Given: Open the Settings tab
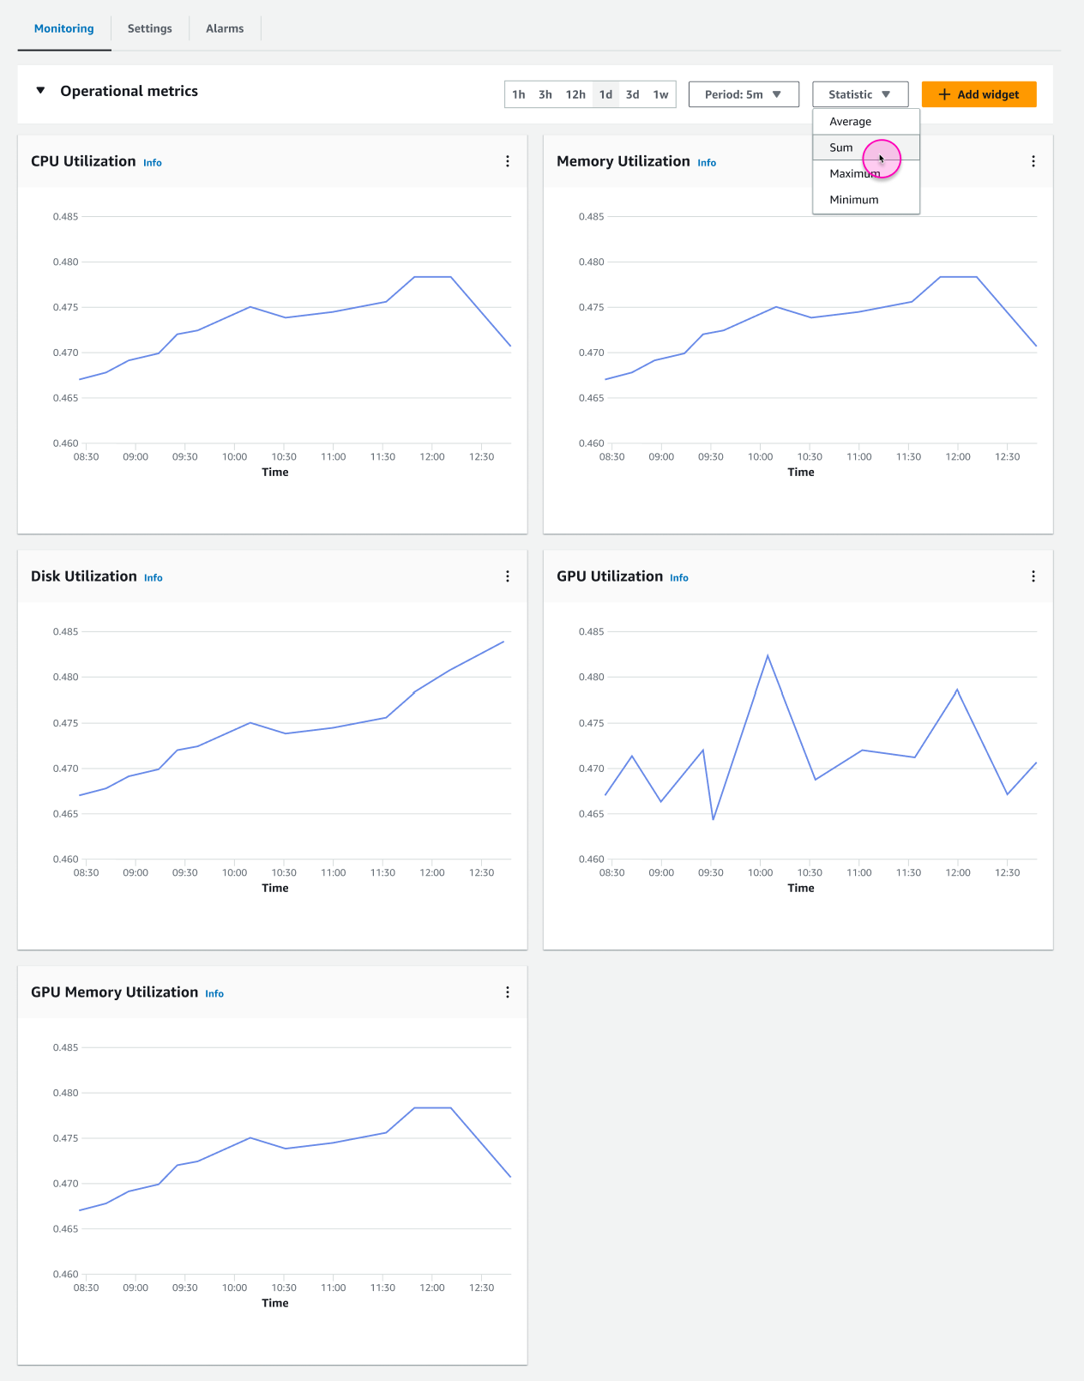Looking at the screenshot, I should (149, 28).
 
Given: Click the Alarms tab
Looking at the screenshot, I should (225, 28).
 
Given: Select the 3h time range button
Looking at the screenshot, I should (545, 94).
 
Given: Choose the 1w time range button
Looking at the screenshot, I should (660, 94).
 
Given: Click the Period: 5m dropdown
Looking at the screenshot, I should (743, 94).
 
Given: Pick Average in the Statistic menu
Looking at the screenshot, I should (850, 122).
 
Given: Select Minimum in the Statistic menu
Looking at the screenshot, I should (853, 200).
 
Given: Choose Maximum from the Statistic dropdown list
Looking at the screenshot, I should (854, 174).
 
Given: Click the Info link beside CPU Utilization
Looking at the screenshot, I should (153, 163).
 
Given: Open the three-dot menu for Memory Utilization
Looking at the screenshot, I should (1033, 161).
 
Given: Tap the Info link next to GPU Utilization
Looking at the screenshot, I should (679, 578).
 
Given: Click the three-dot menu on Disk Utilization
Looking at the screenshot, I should (508, 576).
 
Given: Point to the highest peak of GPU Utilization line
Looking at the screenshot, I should (768, 656).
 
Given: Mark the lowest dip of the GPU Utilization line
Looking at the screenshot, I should (713, 818).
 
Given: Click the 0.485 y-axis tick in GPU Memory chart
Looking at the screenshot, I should (65, 1047).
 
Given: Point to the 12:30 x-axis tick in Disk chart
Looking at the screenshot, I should (481, 872).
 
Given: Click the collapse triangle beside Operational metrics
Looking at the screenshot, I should (40, 90).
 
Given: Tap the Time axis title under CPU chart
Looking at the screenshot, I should (274, 472).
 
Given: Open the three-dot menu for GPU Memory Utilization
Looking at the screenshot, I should (508, 992).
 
